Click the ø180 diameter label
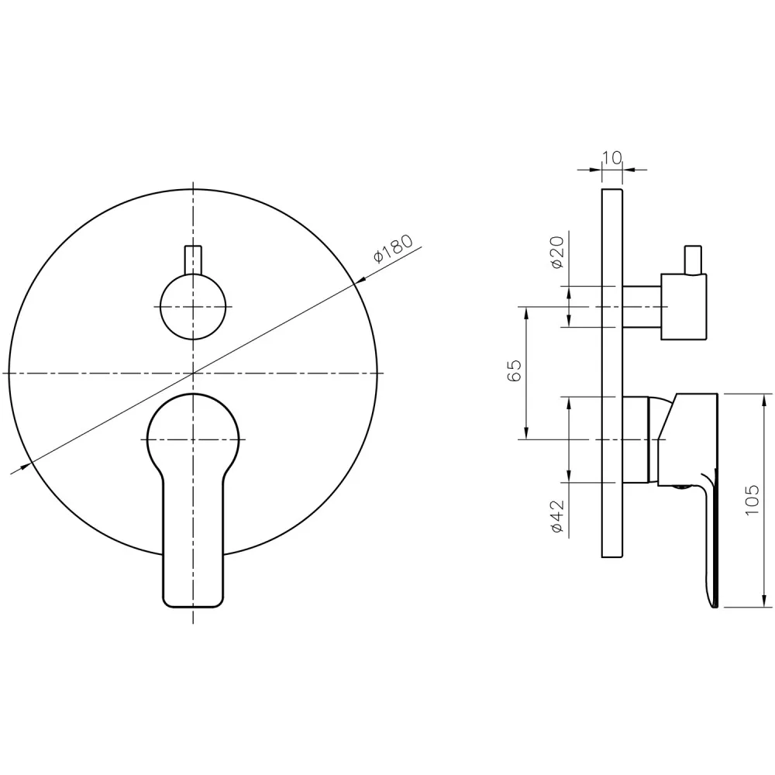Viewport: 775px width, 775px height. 393,249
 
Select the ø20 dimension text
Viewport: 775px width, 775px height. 557,252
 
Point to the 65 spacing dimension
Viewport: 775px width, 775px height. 514,370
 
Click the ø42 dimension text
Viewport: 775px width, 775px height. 557,516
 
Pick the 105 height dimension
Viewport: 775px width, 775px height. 752,500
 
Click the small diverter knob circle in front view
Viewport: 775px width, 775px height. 193,307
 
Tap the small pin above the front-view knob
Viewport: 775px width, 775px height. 193,260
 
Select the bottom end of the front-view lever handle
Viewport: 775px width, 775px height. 193,606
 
